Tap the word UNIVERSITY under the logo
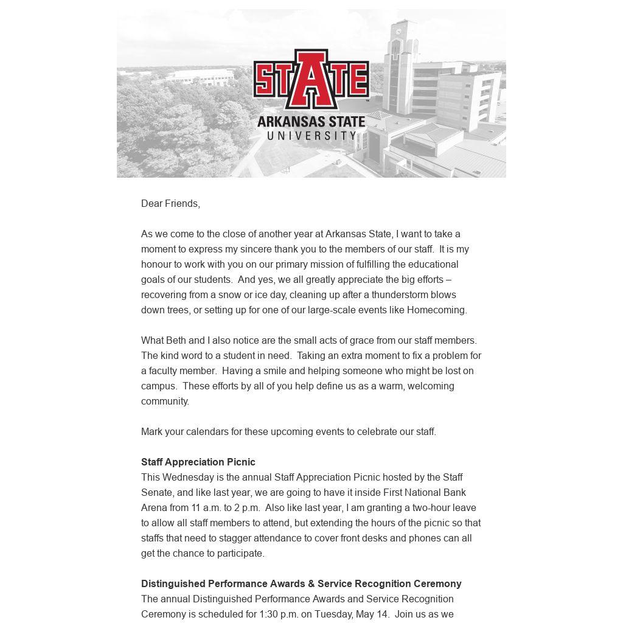311,135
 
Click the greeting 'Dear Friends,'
170,203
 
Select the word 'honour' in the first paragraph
158,264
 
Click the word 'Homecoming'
436,310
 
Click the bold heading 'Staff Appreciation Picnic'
198,462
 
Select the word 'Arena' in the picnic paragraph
154,507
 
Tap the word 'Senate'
156,492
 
